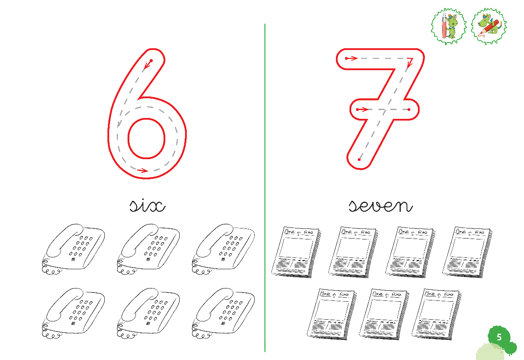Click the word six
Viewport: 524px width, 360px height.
tap(147, 206)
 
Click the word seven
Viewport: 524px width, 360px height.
tap(381, 206)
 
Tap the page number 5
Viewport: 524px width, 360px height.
tap(499, 337)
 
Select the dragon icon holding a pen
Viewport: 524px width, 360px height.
tap(449, 26)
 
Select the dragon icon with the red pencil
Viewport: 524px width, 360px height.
tap(488, 26)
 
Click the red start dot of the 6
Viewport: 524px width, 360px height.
tap(151, 61)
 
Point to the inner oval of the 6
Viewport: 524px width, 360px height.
tap(146, 138)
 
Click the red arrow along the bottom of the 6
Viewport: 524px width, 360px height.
tap(143, 171)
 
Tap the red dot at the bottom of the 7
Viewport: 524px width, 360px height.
tap(359, 160)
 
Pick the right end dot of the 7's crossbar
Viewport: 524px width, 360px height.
tap(409, 109)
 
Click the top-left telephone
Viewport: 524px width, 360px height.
tap(73, 250)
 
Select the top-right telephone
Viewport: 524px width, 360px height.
tap(223, 250)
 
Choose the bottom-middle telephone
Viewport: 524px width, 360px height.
tap(148, 314)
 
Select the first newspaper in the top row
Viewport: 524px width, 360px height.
tap(296, 253)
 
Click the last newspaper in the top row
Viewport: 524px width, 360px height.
tap(467, 253)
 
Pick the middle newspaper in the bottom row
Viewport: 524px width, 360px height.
tap(384, 314)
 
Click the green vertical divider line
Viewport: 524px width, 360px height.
tap(265, 188)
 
